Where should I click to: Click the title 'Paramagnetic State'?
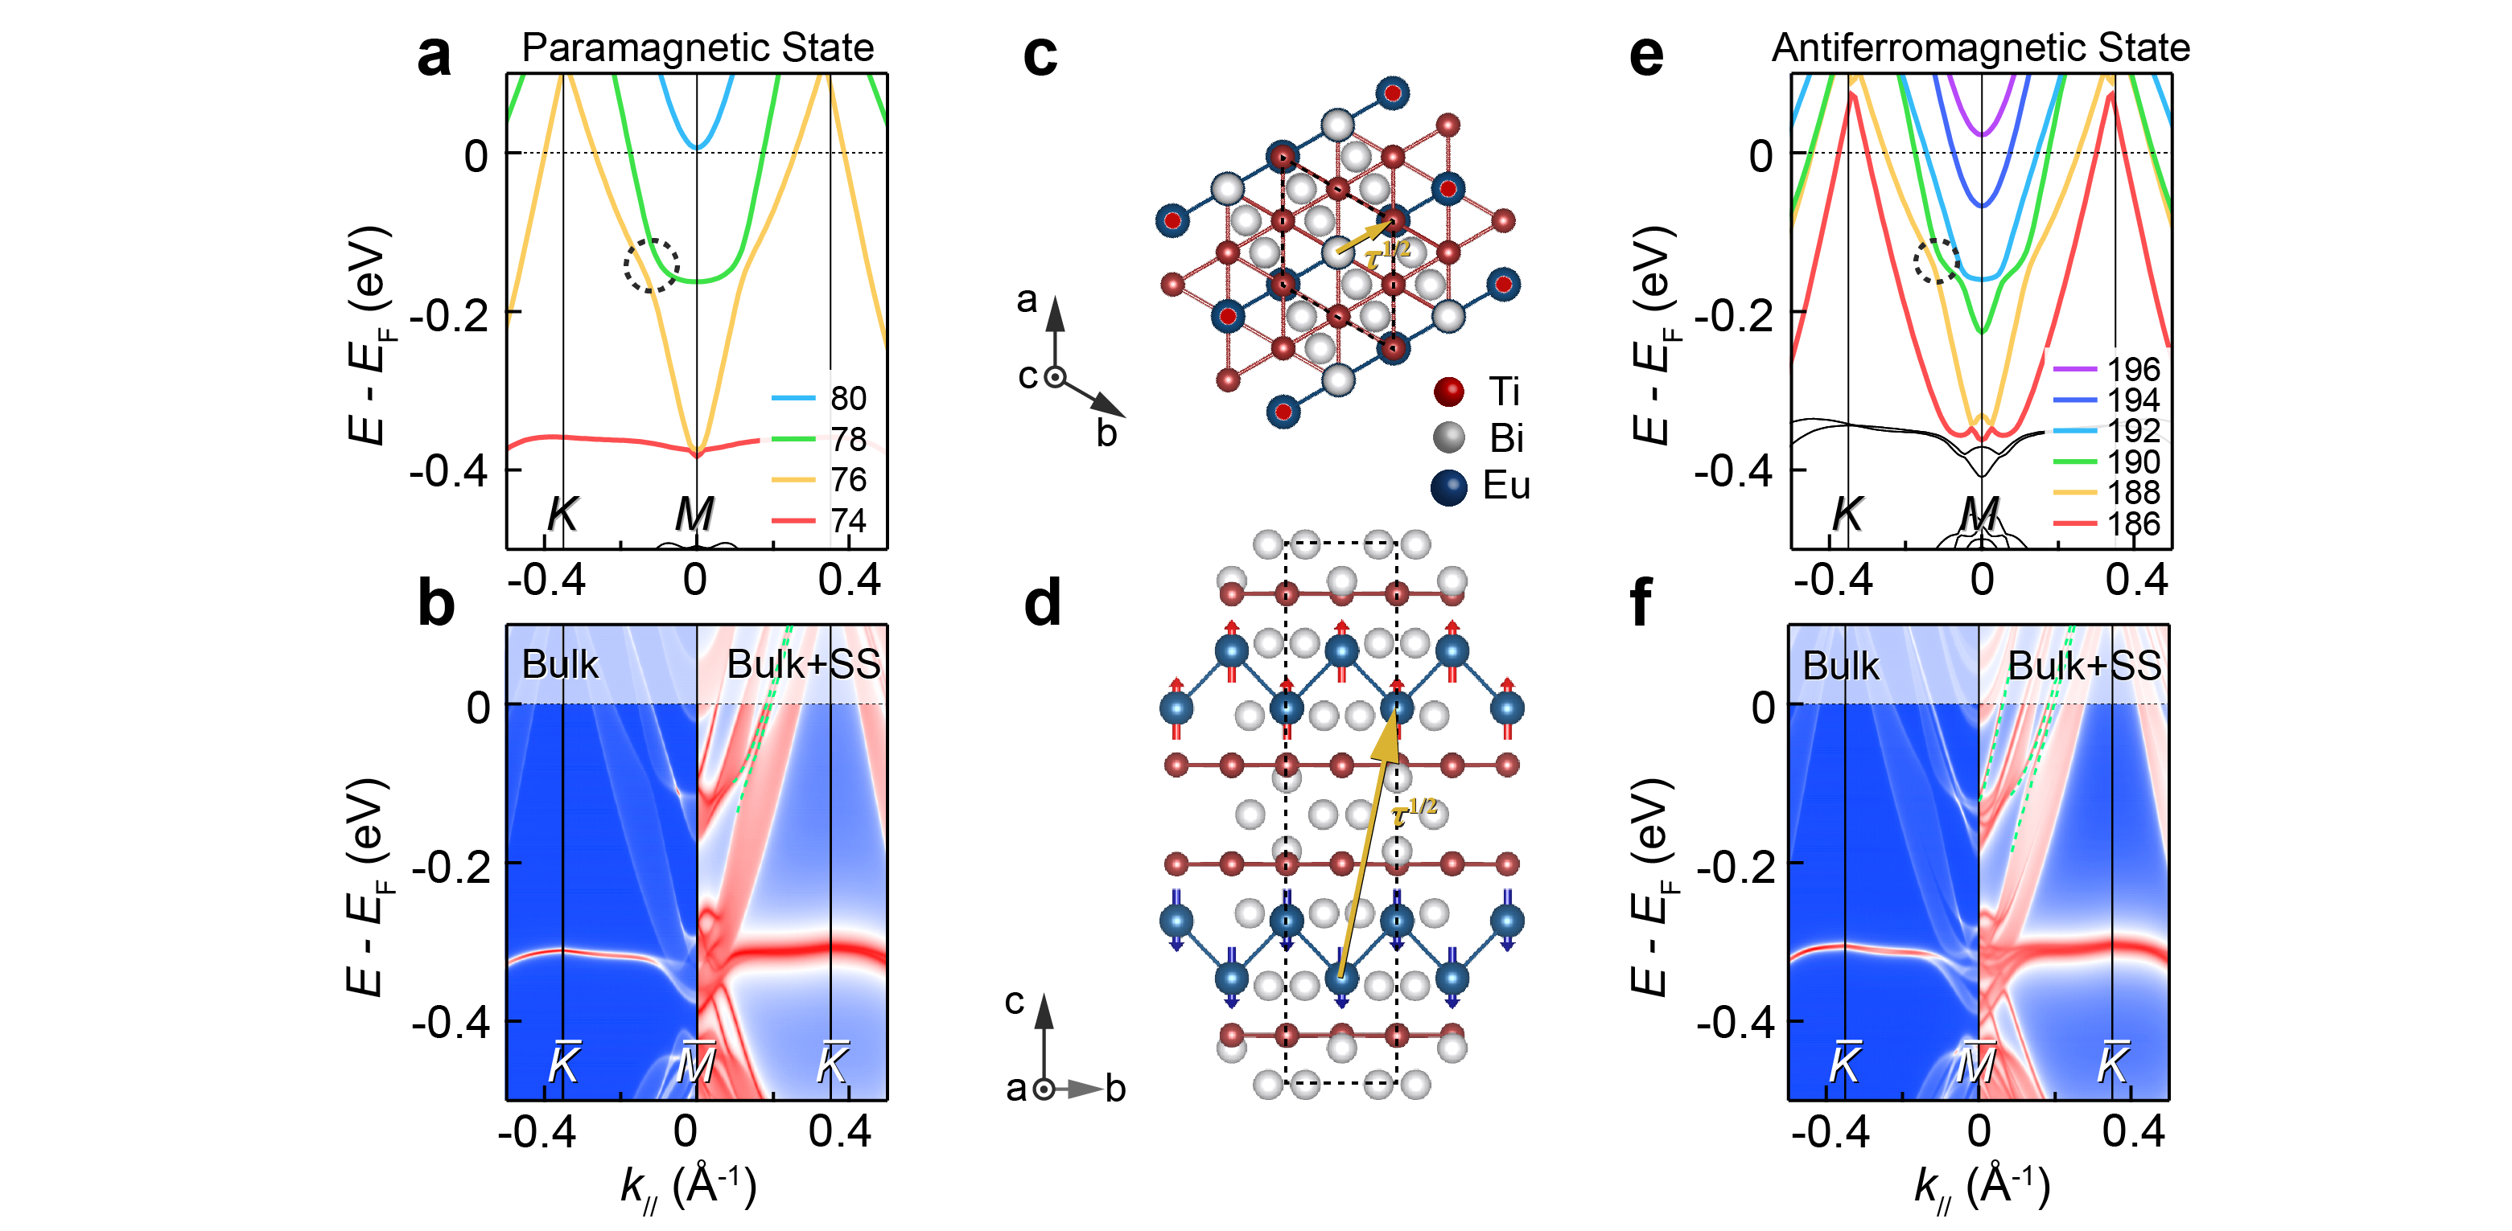pos(698,47)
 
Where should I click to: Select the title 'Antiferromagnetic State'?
pos(1979,47)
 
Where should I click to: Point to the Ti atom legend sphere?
pos(1449,392)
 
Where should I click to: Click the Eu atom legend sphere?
pos(1449,486)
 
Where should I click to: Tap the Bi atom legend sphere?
pos(1449,437)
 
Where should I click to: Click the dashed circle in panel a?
pos(652,265)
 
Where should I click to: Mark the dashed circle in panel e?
pos(1937,261)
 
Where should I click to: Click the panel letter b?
pos(436,603)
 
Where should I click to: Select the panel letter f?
pos(1641,603)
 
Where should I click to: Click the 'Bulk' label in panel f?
pos(1840,666)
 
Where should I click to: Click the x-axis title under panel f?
pos(1982,1187)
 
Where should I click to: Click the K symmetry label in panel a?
pos(562,514)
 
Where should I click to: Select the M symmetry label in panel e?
pos(1979,514)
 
